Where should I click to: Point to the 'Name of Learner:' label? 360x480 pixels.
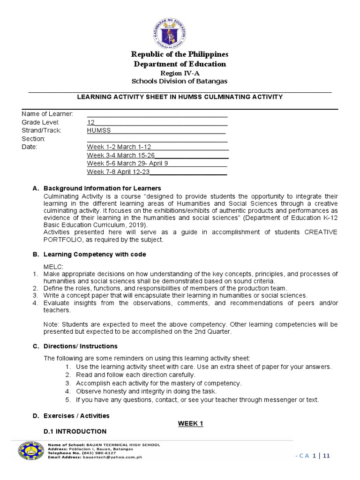point(47,114)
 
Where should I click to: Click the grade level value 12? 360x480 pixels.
point(91,122)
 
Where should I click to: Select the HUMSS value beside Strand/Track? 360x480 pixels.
point(99,130)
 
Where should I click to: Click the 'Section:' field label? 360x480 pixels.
point(33,139)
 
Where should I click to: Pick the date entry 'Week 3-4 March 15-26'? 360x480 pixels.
point(120,155)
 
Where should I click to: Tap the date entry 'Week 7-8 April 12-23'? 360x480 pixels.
point(118,172)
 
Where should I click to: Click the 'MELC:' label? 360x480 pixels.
point(52,266)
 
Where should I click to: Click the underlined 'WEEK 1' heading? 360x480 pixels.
point(190,423)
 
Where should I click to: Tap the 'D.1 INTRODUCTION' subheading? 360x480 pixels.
point(75,431)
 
